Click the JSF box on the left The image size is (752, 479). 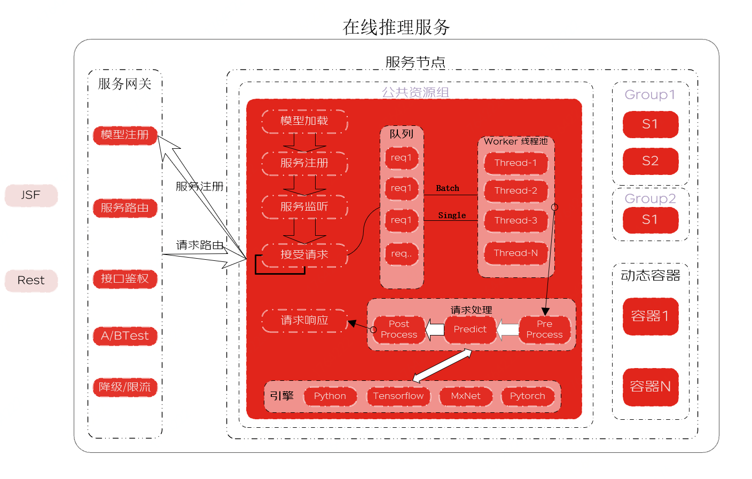[31, 195]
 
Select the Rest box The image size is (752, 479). [31, 281]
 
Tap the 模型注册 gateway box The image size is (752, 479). [125, 135]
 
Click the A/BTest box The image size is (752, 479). [125, 336]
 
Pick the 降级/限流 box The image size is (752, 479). [125, 387]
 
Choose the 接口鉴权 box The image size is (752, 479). [125, 278]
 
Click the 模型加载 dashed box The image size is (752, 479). [304, 121]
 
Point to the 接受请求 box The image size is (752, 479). [304, 255]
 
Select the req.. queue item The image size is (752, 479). [402, 254]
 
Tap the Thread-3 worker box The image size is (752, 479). [516, 221]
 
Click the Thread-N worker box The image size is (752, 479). [516, 253]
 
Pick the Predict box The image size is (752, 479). [470, 330]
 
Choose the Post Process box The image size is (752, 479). [399, 330]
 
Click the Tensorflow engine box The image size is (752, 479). [398, 396]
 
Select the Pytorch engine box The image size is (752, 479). [528, 396]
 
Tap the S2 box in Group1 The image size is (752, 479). [650, 161]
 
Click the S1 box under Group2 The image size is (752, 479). [650, 220]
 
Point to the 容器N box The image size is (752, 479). [650, 387]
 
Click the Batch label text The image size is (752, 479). [448, 188]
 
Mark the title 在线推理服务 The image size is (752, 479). [396, 27]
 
